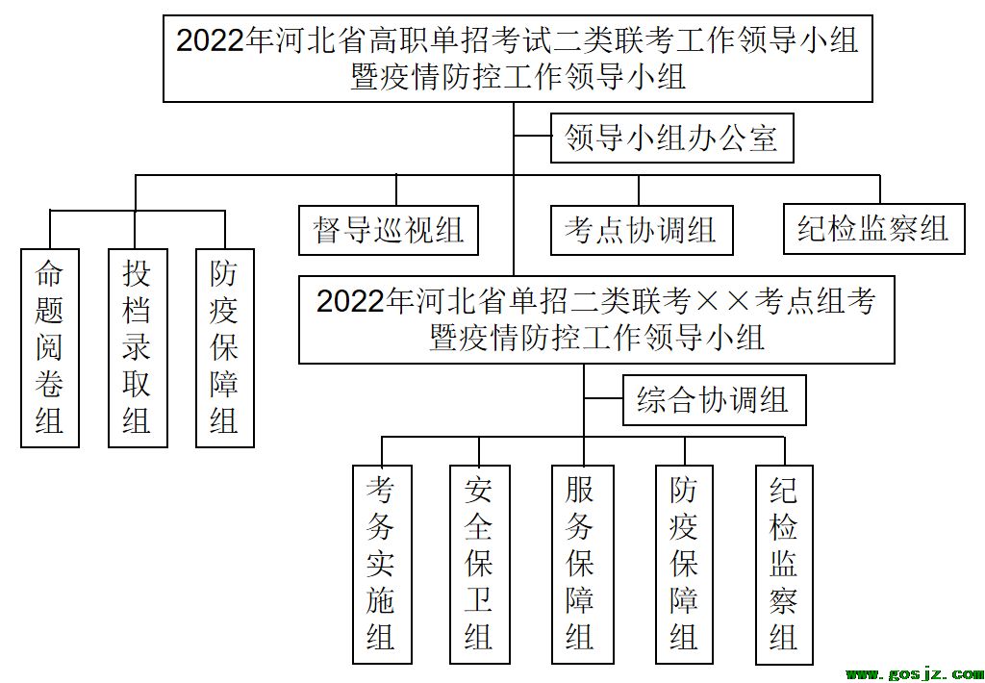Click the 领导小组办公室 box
coord(672,138)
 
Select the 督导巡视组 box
coord(389,230)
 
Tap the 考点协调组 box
coord(642,230)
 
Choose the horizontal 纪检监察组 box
coord(873,229)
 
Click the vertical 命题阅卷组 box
coord(50,347)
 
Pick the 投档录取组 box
coord(138,347)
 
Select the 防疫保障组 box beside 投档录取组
coord(225,347)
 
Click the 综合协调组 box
coord(715,400)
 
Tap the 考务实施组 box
coord(382,565)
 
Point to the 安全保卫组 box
coord(479,565)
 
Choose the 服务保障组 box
coord(582,565)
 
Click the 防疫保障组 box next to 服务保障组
coord(685,565)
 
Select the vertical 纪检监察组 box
coord(785,565)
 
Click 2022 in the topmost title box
coord(209,41)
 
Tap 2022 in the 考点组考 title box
coord(350,301)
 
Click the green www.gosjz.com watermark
coord(913,675)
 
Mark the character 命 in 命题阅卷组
coord(50,274)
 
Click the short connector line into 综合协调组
coord(603,399)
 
